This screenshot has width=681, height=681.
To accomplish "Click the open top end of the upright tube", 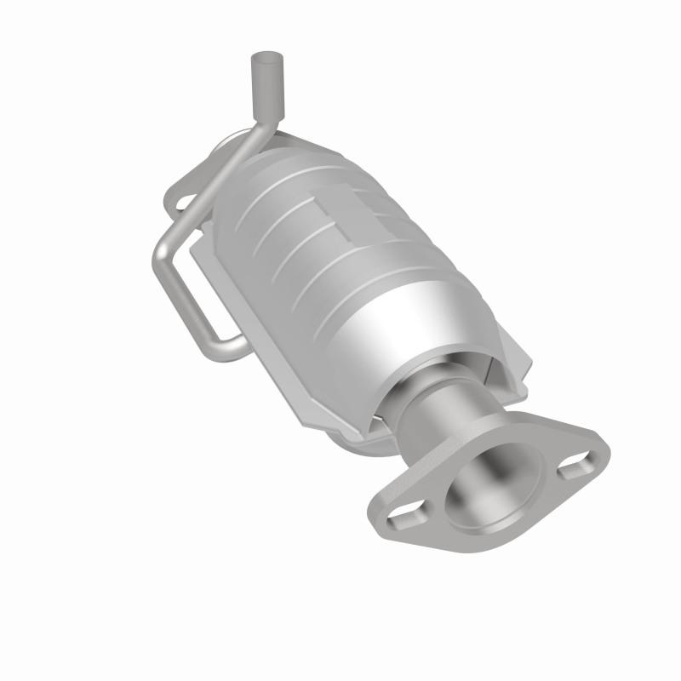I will pos(262,58).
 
